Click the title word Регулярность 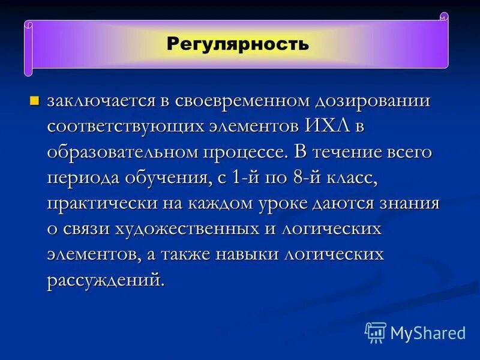[238, 44]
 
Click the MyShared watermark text [428, 333]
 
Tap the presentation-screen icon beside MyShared [376, 332]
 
